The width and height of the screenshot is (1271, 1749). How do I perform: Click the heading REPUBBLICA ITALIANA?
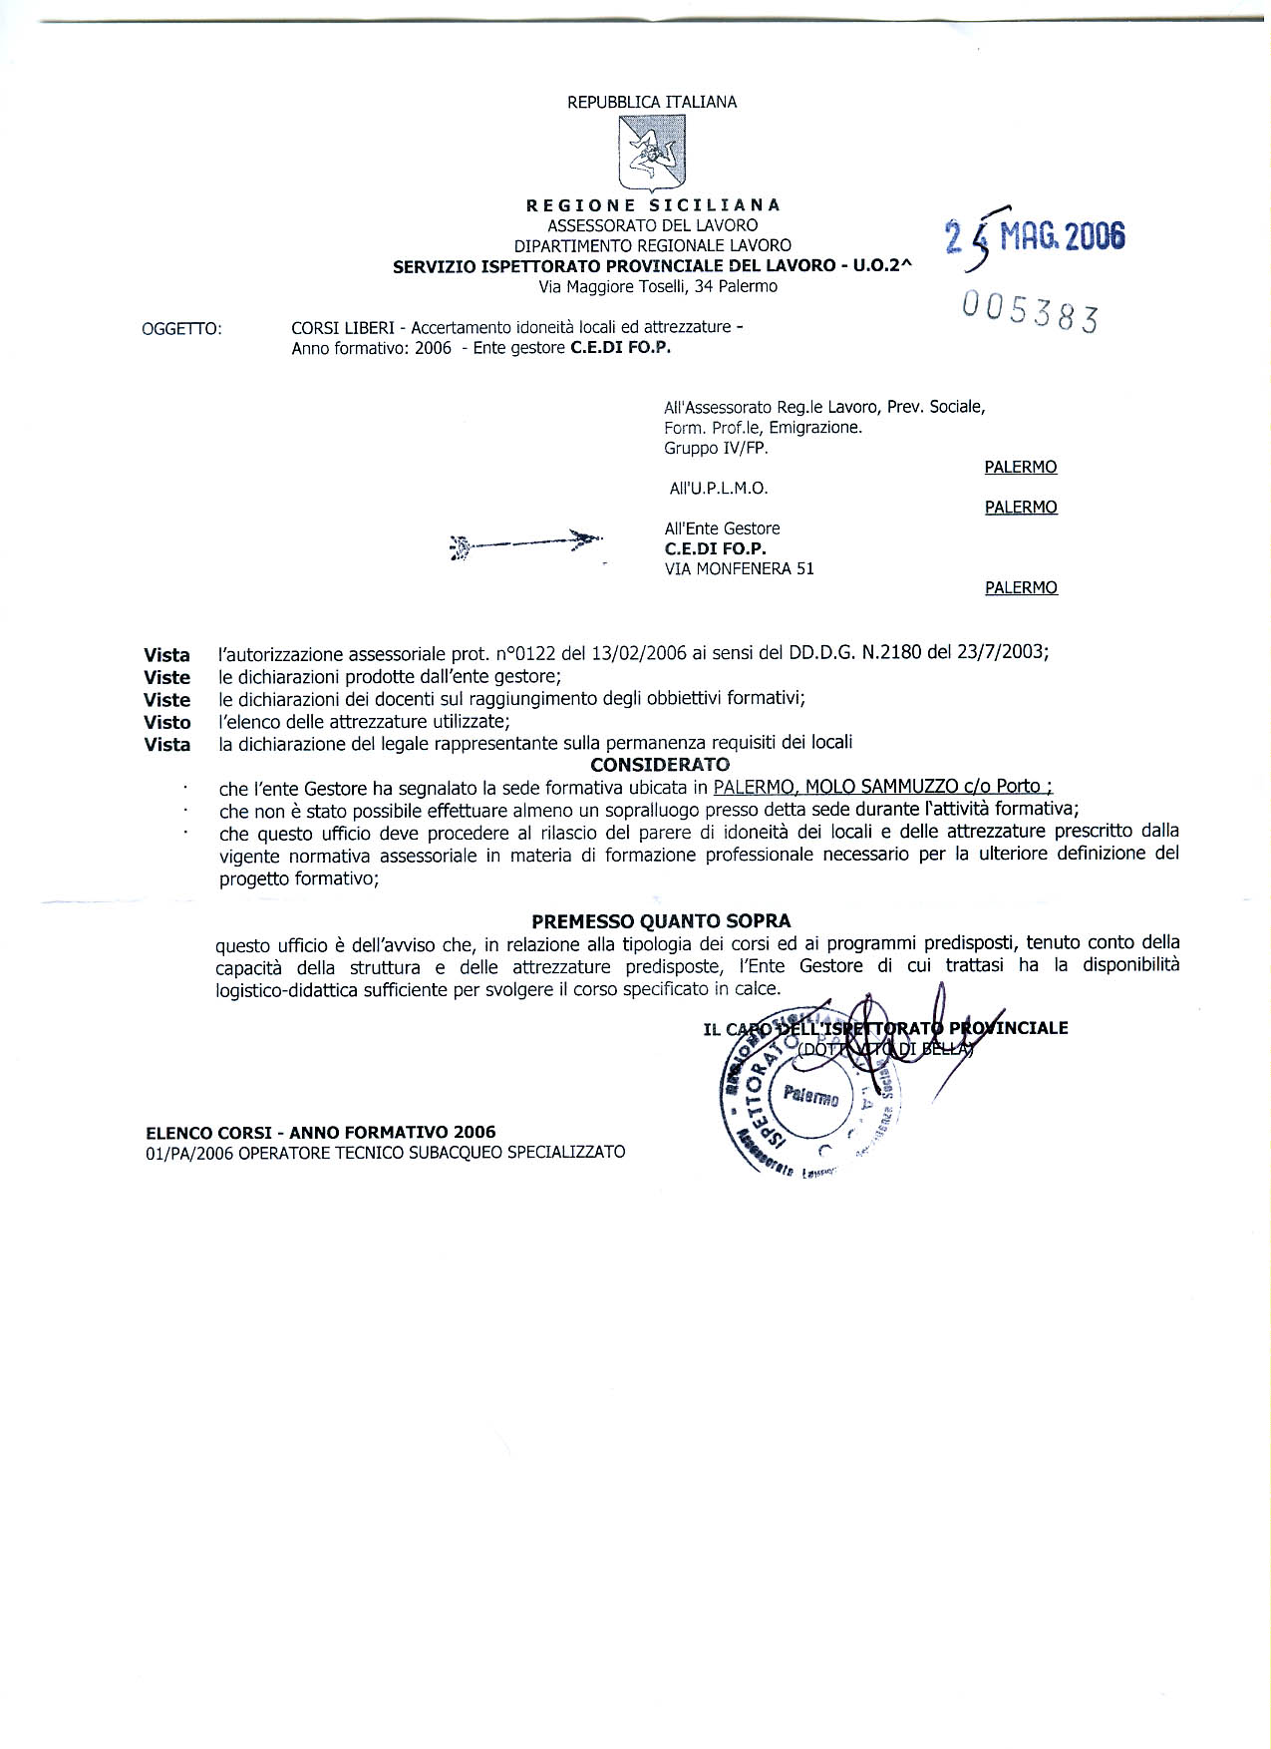point(652,102)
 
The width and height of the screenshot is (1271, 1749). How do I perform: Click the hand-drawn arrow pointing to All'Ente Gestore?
point(526,542)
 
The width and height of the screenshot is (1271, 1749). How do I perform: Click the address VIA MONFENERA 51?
point(739,568)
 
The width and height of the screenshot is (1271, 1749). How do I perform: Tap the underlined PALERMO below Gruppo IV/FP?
point(1020,467)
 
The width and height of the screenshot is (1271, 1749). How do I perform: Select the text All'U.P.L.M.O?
point(718,489)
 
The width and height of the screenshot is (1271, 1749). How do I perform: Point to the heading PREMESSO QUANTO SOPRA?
point(661,921)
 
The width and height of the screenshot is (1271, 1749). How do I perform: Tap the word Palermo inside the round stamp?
point(811,1097)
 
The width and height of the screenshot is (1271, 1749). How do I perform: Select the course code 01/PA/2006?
point(183,1153)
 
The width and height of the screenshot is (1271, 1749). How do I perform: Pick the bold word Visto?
point(166,722)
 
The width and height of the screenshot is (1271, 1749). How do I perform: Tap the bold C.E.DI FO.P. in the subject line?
point(620,348)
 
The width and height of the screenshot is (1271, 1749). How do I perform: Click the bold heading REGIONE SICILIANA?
point(653,205)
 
